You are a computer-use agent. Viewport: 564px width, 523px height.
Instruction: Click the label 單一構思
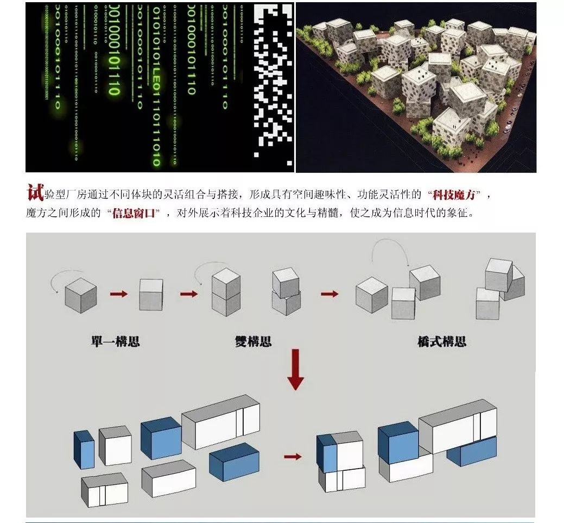click(x=115, y=342)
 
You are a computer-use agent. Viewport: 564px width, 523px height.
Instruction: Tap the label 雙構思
click(x=253, y=342)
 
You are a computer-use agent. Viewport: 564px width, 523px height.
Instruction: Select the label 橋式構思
click(x=442, y=342)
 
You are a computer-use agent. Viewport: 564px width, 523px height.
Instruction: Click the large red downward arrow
click(x=295, y=370)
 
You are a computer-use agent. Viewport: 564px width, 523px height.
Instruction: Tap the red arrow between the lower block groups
click(x=293, y=456)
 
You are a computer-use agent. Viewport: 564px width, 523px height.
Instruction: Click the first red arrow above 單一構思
click(x=119, y=294)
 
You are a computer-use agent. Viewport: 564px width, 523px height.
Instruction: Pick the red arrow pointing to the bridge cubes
click(x=329, y=294)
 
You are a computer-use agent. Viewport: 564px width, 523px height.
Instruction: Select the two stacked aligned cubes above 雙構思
click(x=226, y=292)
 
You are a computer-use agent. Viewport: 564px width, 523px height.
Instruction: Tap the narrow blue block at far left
click(x=84, y=450)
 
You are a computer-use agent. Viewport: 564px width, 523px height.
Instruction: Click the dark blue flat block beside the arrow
click(x=234, y=461)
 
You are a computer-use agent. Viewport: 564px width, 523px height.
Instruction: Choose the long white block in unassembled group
click(x=221, y=424)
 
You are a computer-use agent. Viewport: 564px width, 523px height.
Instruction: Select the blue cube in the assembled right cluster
click(x=398, y=442)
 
